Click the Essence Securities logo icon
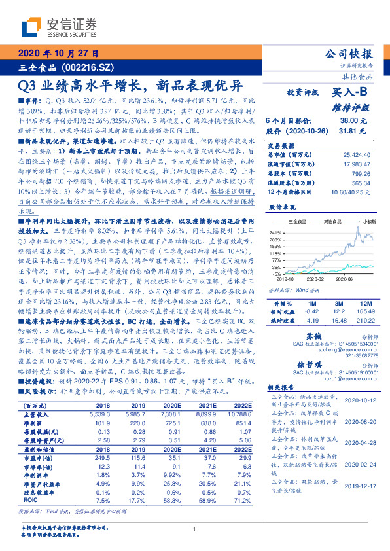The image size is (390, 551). coord(31,27)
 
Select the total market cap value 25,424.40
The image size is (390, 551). coord(357,155)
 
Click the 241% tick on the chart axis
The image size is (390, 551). coord(275,232)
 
